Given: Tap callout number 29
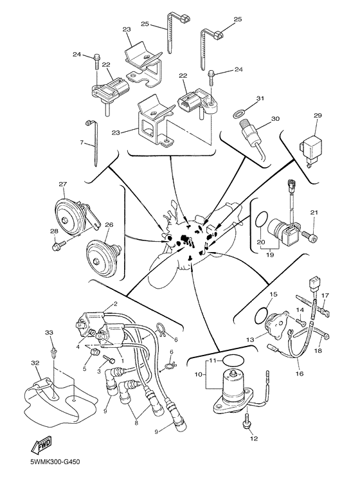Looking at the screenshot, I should pyautogui.click(x=317, y=116).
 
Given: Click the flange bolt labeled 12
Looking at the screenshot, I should pyautogui.click(x=248, y=422).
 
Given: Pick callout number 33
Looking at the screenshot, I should pyautogui.click(x=49, y=332).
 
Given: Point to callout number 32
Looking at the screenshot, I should pyautogui.click(x=37, y=364).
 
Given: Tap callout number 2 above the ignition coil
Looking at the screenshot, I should pyautogui.click(x=115, y=304).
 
